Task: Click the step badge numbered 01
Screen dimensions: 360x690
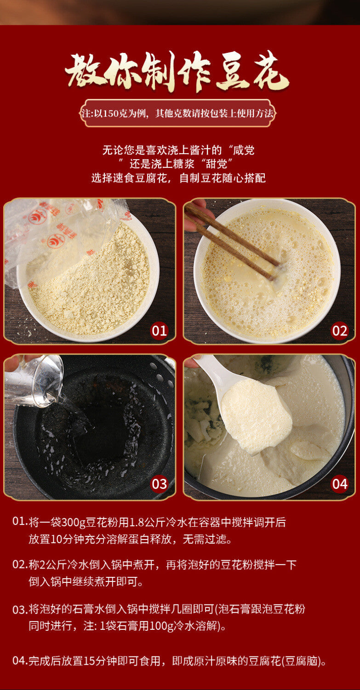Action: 159,331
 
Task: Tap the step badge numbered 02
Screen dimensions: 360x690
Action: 339,331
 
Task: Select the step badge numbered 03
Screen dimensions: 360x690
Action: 159,483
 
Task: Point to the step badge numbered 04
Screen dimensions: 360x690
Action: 339,483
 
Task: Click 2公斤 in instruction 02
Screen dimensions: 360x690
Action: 57,564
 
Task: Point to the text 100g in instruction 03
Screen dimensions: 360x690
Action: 161,626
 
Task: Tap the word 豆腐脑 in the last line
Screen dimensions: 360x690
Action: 302,661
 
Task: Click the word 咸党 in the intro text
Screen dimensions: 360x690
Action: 243,150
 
